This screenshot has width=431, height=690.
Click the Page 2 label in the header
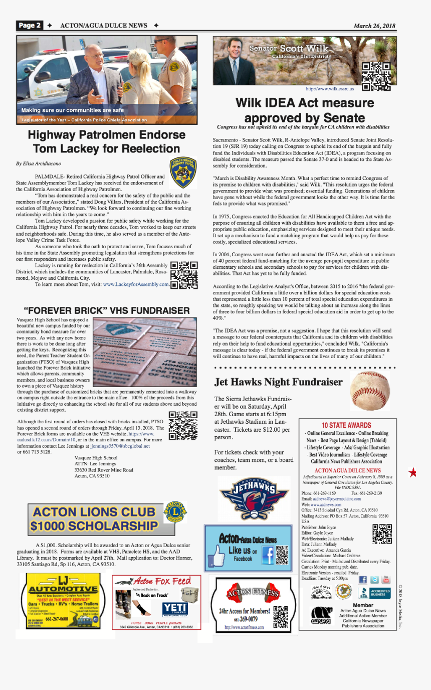[x=29, y=26]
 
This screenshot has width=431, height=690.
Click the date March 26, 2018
[x=374, y=26]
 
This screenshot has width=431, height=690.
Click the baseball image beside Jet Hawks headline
[x=370, y=391]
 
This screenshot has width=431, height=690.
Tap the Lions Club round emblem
[x=175, y=511]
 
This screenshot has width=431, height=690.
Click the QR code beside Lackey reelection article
[x=184, y=276]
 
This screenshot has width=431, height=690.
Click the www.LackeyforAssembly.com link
[x=136, y=284]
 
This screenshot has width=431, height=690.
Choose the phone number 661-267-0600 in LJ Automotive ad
[x=57, y=619]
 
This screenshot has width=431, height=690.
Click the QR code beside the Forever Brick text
[x=183, y=425]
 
